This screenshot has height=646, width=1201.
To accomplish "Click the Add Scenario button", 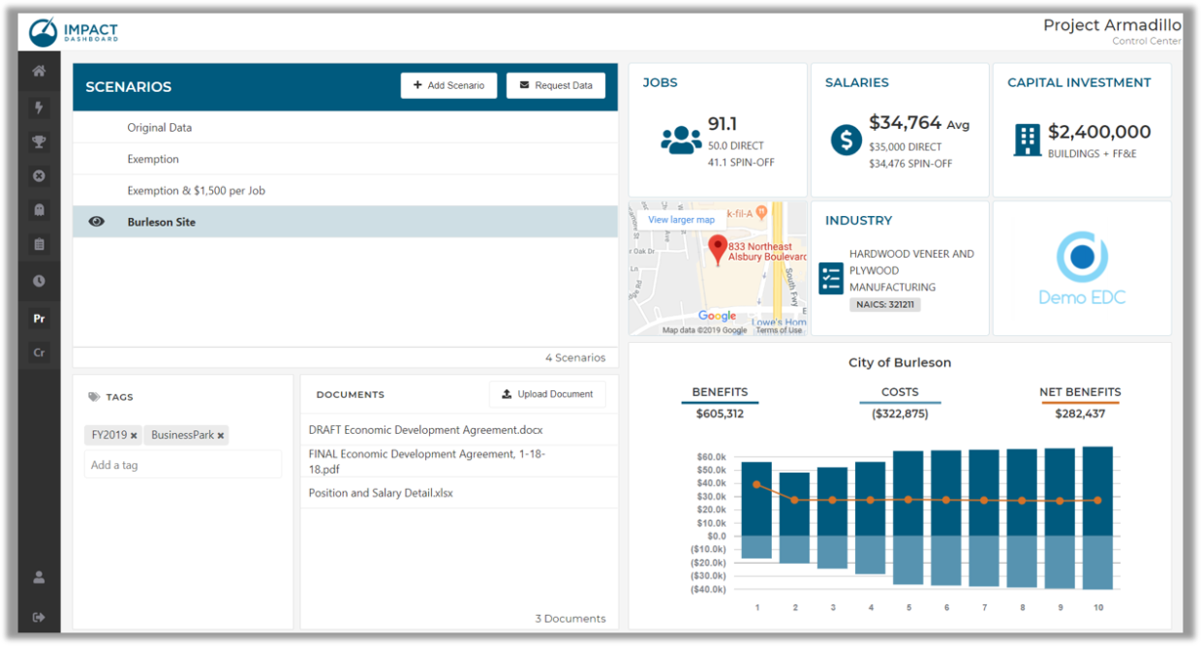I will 448,85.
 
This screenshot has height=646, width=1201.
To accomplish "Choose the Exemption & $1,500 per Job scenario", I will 196,191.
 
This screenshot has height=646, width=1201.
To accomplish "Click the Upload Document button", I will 547,394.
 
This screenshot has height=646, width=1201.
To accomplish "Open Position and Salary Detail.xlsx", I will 381,493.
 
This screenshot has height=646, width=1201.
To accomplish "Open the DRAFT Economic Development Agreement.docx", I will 425,429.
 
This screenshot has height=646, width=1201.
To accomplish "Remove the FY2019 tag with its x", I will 134,436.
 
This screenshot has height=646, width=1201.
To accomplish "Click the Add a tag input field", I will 182,465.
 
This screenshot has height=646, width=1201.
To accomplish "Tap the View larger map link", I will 681,220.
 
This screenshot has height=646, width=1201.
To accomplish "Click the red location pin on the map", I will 717,249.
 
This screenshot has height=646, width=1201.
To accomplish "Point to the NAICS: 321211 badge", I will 885,304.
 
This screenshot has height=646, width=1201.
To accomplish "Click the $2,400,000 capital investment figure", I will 1099,132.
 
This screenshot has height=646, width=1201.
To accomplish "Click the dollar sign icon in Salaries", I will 846,139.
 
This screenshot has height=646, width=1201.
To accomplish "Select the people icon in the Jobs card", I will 681,139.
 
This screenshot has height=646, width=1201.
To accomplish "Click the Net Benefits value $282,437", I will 1080,414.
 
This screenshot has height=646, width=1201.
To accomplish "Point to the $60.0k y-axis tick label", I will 711,457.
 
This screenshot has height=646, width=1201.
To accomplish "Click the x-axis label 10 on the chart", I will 1097,607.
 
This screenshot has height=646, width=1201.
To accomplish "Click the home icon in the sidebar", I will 39,71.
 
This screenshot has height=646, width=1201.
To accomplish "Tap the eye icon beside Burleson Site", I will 96,222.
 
